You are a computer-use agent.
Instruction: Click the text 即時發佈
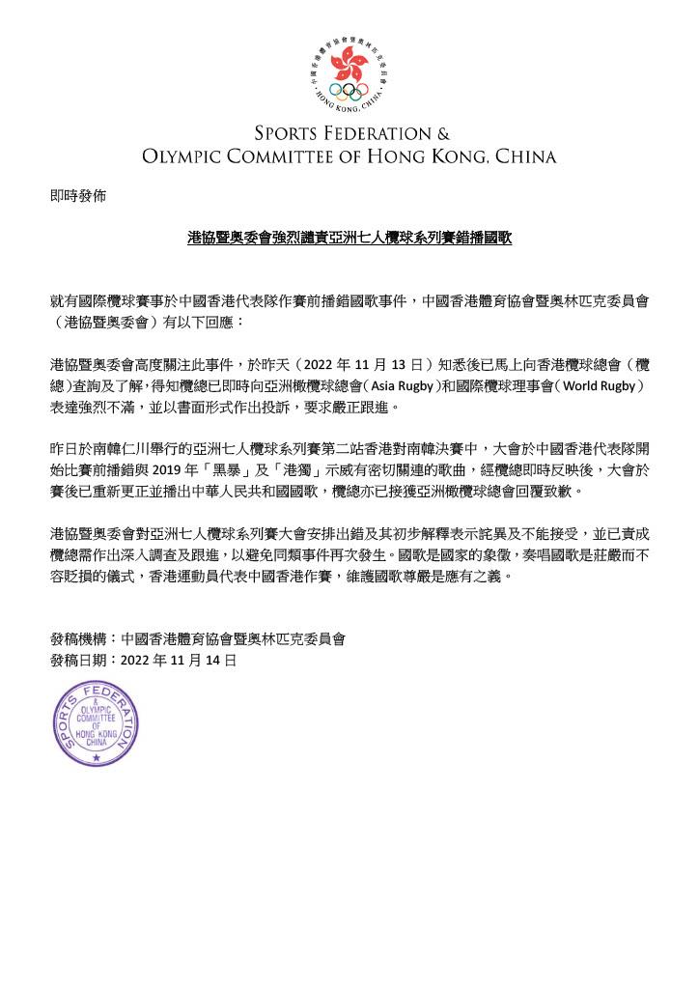(x=77, y=195)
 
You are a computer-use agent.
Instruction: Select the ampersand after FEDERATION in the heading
(x=443, y=133)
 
